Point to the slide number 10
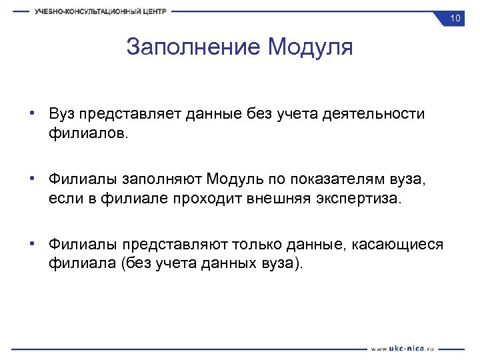[x=455, y=18]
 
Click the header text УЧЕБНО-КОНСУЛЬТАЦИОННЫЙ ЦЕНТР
[x=101, y=11]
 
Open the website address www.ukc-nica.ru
[x=403, y=348]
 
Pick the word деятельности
[x=373, y=114]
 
